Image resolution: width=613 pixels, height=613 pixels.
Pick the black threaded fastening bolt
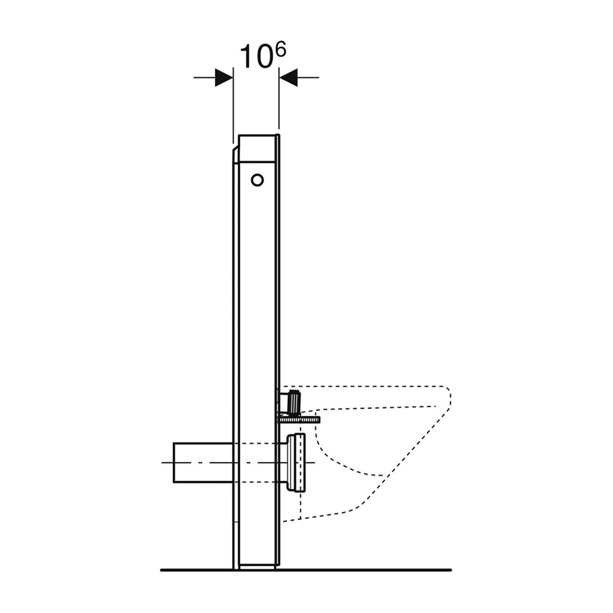point(294,402)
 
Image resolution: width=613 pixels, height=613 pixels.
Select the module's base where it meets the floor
point(256,566)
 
